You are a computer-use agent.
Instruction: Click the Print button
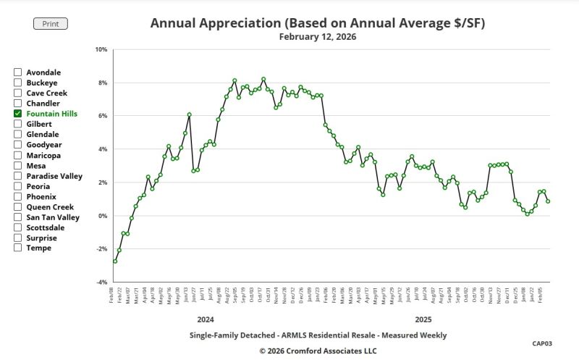pyautogui.click(x=51, y=24)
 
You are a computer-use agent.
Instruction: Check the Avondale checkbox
pyautogui.click(x=17, y=72)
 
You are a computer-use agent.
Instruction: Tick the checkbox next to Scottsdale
pyautogui.click(x=17, y=227)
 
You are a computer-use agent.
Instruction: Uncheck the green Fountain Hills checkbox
pyautogui.click(x=17, y=114)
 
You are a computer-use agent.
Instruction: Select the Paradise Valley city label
pyautogui.click(x=54, y=176)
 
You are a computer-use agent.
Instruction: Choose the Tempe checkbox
pyautogui.click(x=17, y=248)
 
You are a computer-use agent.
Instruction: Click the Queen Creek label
pyautogui.click(x=50, y=206)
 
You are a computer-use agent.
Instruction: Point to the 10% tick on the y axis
pyautogui.click(x=101, y=50)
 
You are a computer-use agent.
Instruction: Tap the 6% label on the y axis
pyautogui.click(x=103, y=116)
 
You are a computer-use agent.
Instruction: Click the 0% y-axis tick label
pyautogui.click(x=103, y=216)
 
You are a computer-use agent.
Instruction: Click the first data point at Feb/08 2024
pyautogui.click(x=115, y=261)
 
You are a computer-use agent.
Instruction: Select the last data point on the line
pyautogui.click(x=548, y=201)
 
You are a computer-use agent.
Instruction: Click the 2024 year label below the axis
pyautogui.click(x=206, y=319)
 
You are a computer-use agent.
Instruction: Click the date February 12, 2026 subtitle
pyautogui.click(x=318, y=36)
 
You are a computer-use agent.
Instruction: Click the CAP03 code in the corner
pyautogui.click(x=542, y=343)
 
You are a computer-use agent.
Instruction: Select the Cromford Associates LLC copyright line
pyautogui.click(x=318, y=350)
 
